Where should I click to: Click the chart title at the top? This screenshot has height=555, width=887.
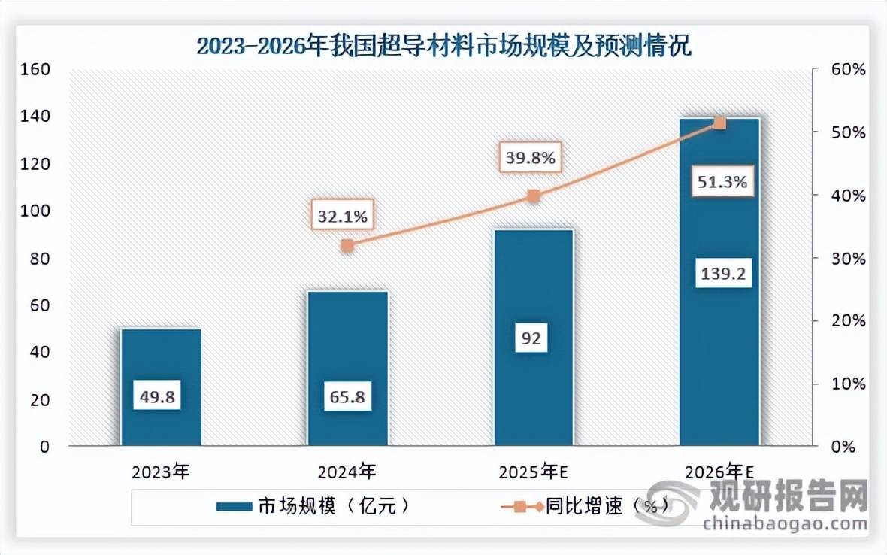[x=443, y=46]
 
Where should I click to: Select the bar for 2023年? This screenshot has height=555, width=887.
[x=161, y=387]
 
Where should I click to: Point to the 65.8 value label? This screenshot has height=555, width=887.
[x=347, y=396]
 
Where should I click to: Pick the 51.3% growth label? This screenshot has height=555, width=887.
[x=721, y=182]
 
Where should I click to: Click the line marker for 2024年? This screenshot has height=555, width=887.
[x=347, y=245]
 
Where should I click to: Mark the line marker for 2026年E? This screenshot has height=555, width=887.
[x=719, y=123]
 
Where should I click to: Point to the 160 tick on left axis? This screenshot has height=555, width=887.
[x=36, y=69]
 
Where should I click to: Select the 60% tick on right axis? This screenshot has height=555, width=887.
[x=848, y=69]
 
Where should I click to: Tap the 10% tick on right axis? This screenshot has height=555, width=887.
[x=848, y=384]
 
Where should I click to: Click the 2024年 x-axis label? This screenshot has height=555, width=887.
[x=347, y=472]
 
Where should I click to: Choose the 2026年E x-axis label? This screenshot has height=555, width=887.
[x=719, y=472]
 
